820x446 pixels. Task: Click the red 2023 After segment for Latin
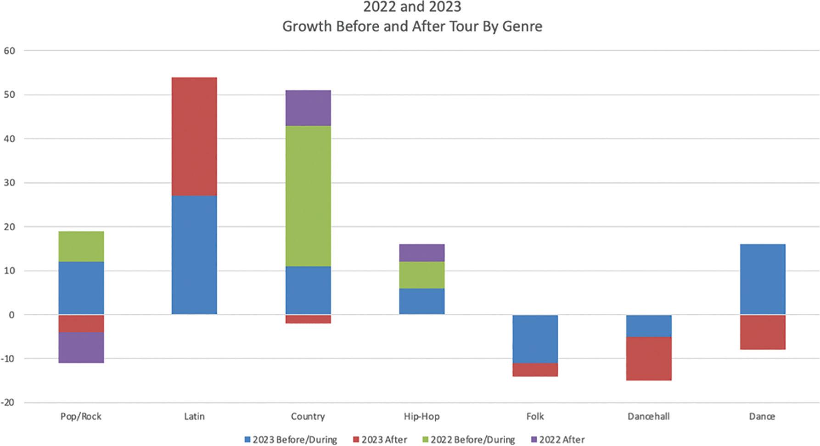(194, 136)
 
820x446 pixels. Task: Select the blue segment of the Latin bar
(194, 255)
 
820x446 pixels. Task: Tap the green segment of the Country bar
(308, 196)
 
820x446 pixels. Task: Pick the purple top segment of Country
(308, 108)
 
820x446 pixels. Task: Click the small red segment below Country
(308, 319)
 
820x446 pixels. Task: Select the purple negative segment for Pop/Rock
(81, 347)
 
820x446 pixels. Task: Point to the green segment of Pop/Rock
(81, 246)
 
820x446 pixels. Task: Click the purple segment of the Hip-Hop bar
(421, 253)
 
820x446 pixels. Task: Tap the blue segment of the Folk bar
(535, 339)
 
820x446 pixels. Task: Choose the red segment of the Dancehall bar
(649, 358)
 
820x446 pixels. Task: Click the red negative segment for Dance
(763, 332)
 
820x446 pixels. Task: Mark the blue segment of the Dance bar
(763, 279)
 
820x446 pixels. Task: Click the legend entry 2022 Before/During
(472, 440)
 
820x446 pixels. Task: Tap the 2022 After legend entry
(562, 440)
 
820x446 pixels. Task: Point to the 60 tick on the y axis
(9, 50)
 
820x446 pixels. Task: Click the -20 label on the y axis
(7, 402)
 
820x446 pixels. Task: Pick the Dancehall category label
(648, 416)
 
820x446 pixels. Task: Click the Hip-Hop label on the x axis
(421, 416)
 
